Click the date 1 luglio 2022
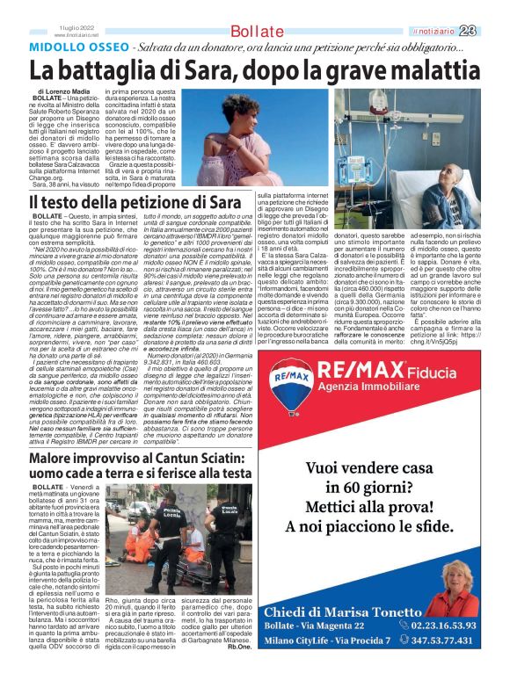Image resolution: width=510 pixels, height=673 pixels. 75,28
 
